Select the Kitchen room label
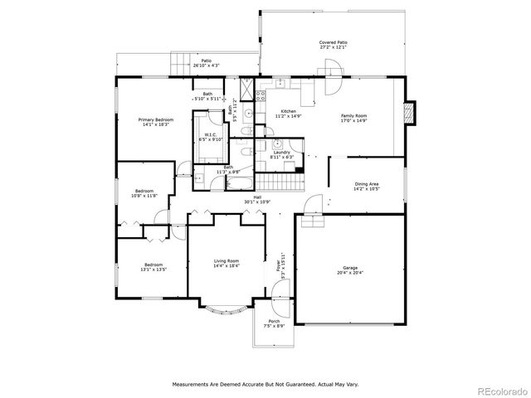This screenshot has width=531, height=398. tap(288, 114)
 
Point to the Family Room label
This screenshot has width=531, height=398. tap(354, 119)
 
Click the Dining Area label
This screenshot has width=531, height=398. tap(366, 187)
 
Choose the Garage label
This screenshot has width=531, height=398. tap(351, 269)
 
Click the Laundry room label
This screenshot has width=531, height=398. tap(282, 154)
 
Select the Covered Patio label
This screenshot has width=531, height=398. tap(333, 44)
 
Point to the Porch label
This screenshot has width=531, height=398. tap(274, 323)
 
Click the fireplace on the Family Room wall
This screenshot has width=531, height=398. tap(407, 114)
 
